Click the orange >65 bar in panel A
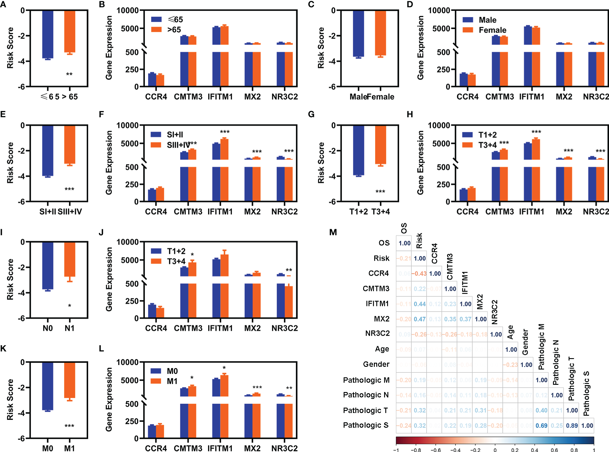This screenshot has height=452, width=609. coord(70,31)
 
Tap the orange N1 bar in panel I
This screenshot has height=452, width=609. coord(70,259)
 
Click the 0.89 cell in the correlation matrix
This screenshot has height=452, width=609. coord(572,426)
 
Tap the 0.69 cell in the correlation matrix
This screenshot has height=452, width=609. coord(541,426)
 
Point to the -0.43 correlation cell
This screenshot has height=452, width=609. coord(419,274)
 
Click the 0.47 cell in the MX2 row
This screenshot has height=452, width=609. coord(419,319)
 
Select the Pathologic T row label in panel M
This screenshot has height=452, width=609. coord(365,410)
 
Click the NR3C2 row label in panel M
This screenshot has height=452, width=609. coord(377,334)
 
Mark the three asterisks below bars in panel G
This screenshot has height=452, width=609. coord(380,192)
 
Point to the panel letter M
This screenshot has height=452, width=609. coord(333,232)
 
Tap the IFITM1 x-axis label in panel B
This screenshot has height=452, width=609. coord(220,97)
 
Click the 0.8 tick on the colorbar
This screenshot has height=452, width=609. coord(574,450)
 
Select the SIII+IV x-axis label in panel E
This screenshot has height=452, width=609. coord(70,212)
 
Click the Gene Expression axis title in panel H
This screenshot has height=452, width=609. coord(420,163)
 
